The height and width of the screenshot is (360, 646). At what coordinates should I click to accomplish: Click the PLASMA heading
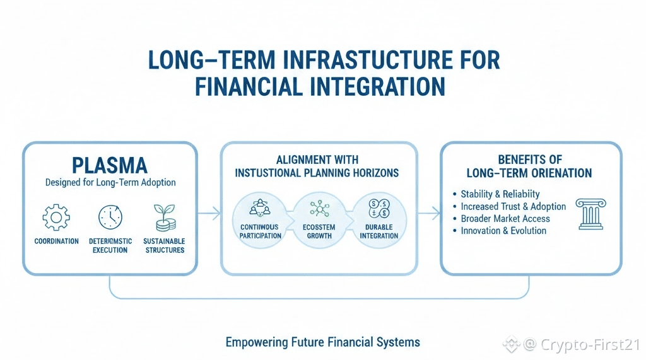[x=110, y=165]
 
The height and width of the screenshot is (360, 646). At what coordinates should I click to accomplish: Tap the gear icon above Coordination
[x=57, y=218]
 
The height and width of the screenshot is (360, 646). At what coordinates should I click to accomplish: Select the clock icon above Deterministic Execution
[x=110, y=218]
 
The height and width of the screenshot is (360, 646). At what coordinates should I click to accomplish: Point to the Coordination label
[x=57, y=241]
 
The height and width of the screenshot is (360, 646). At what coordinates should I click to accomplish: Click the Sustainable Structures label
[x=164, y=245]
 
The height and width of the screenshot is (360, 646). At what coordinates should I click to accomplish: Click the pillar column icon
[x=590, y=214]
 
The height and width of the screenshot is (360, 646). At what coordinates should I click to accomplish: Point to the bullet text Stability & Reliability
[x=500, y=194]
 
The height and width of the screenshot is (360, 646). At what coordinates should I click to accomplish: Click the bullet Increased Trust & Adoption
[x=513, y=206]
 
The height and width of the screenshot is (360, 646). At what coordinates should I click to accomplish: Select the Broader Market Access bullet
[x=505, y=219]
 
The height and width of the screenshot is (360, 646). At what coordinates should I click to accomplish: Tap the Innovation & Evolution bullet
[x=503, y=231]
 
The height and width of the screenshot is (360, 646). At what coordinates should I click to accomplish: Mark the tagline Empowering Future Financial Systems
[x=322, y=342]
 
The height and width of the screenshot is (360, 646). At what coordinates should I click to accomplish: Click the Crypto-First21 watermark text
[x=590, y=344]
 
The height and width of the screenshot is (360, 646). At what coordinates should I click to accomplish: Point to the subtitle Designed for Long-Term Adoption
[x=110, y=183]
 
